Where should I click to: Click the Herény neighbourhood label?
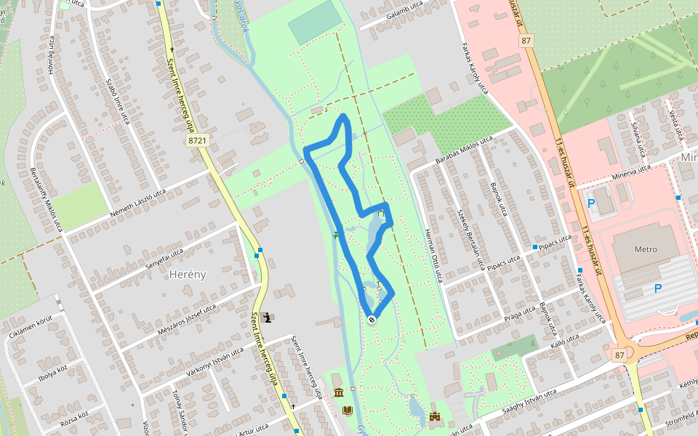coord(188,274)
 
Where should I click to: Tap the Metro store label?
coord(646,249)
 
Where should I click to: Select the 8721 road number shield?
coord(197,141)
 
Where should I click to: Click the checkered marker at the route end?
coord(372,319)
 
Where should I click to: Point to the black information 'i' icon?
coord(269,317)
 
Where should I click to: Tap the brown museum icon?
coord(339,393)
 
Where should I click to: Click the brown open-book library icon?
coord(348,411)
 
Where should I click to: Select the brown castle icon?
coord(436,416)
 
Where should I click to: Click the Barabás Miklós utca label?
coord(464,150)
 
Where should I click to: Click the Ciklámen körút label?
coord(31,328)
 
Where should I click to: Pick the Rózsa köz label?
coord(74,417)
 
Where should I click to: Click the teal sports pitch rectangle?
coord(314,23)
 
